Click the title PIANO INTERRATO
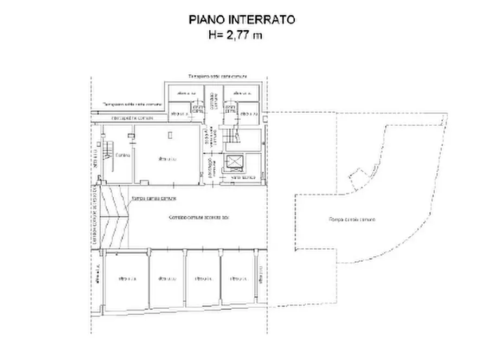(242, 20)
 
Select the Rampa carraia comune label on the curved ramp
(352, 219)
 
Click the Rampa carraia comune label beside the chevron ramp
(154, 199)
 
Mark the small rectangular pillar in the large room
(170, 134)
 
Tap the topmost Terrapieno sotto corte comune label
(217, 77)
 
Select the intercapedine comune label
(132, 117)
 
